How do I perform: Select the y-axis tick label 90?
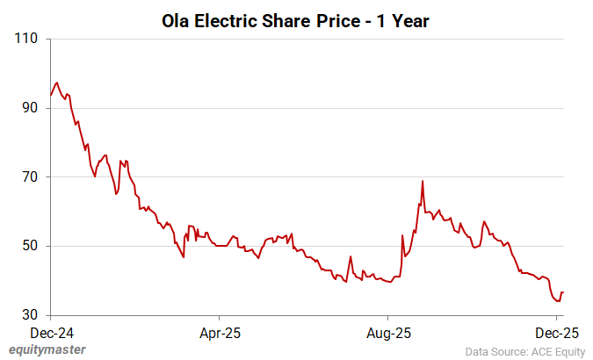[32, 108]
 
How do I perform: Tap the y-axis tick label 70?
[32, 176]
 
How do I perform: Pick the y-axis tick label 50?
[32, 246]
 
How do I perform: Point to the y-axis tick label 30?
[32, 314]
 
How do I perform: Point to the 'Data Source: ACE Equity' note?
[524, 350]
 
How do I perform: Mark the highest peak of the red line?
[57, 83]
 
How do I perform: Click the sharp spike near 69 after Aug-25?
[423, 181]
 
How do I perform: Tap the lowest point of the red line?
[558, 301]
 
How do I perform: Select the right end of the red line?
[563, 292]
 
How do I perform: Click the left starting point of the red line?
[51, 95]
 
